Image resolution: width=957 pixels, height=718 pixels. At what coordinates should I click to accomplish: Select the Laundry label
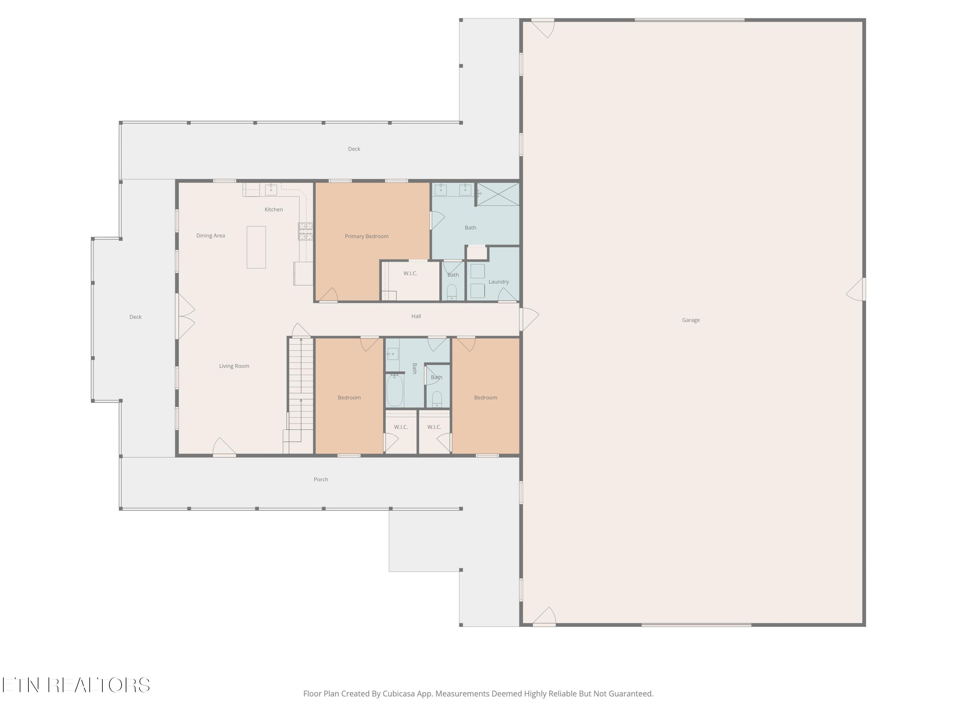pyautogui.click(x=498, y=282)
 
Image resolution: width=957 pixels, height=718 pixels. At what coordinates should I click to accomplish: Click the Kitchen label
pyautogui.click(x=273, y=209)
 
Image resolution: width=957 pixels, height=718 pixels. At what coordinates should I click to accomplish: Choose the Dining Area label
pyautogui.click(x=210, y=236)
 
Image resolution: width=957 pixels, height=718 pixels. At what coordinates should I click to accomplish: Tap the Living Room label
pyautogui.click(x=234, y=366)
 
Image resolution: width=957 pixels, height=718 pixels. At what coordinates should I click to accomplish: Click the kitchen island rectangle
pyautogui.click(x=256, y=247)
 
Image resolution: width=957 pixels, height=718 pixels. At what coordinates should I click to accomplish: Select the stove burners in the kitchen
pyautogui.click(x=306, y=232)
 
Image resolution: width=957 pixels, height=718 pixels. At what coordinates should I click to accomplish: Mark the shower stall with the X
pyautogui.click(x=498, y=194)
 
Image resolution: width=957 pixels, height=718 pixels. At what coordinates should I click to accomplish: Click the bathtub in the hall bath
pyautogui.click(x=395, y=391)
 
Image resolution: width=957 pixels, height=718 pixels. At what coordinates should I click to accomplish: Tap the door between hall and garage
pyautogui.click(x=529, y=319)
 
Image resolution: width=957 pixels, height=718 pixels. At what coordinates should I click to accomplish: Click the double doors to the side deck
pyautogui.click(x=185, y=316)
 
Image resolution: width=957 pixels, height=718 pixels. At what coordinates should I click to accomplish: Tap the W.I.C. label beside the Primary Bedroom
pyautogui.click(x=410, y=273)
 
